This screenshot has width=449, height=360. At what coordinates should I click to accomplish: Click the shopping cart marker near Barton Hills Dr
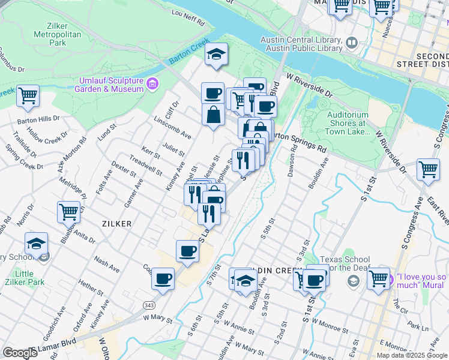pyautogui.click(x=28, y=95)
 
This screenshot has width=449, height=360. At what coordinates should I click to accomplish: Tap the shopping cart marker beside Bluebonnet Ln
pyautogui.click(x=68, y=212)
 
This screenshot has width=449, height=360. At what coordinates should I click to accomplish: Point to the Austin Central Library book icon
pyautogui.click(x=351, y=43)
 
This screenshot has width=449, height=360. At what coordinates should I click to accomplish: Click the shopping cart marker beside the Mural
pyautogui.click(x=378, y=279)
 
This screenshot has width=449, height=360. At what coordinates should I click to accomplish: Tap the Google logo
pyautogui.click(x=20, y=353)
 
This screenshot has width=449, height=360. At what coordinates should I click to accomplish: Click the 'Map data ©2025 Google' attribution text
pyautogui.click(x=411, y=355)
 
